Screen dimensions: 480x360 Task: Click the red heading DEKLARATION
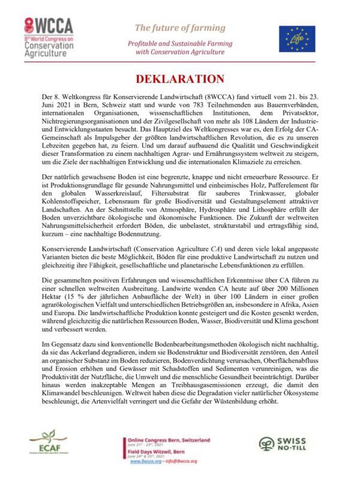pyautogui.click(x=180, y=79)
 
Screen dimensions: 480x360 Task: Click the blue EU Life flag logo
pyautogui.click(x=296, y=38)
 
